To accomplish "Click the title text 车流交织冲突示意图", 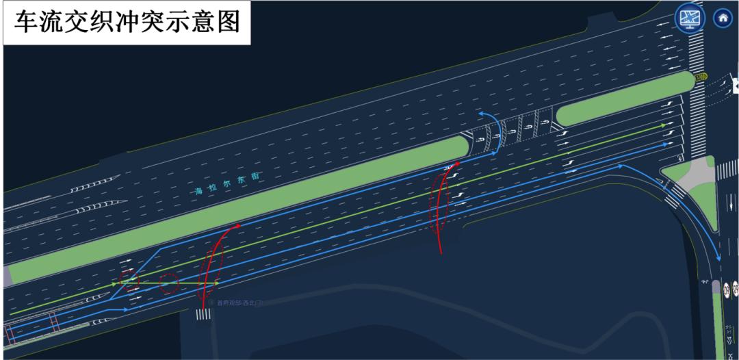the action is [128, 22].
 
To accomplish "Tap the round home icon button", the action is [723, 18].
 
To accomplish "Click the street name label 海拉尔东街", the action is [228, 185].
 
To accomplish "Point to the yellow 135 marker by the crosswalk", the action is [701, 77].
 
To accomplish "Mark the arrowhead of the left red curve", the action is [237, 225].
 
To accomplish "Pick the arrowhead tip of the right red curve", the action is [456, 164].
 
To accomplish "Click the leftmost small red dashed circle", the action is [128, 279].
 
